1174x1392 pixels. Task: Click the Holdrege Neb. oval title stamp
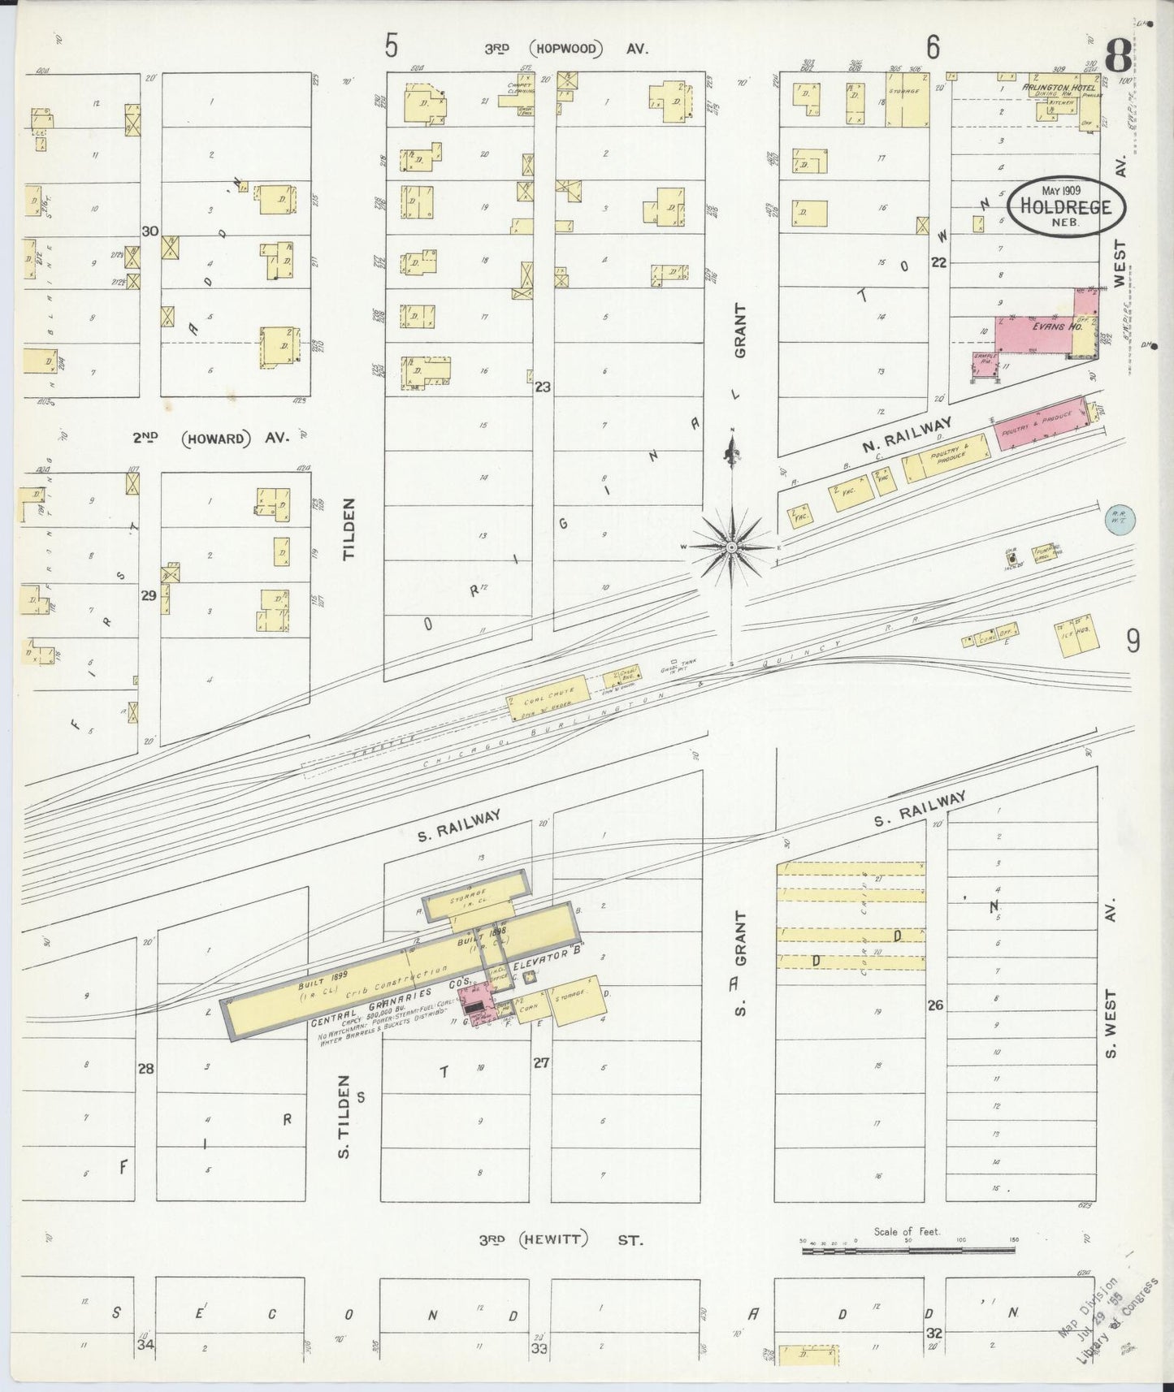(x=1066, y=205)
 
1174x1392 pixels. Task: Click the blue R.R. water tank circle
(x=1120, y=520)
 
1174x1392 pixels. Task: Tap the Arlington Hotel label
(x=1048, y=87)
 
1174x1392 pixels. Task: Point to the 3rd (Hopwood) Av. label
(x=566, y=49)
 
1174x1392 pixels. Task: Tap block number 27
(x=542, y=1062)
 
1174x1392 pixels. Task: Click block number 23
(x=542, y=387)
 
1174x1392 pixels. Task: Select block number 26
(x=935, y=1005)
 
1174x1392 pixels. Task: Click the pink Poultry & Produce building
(x=1040, y=421)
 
